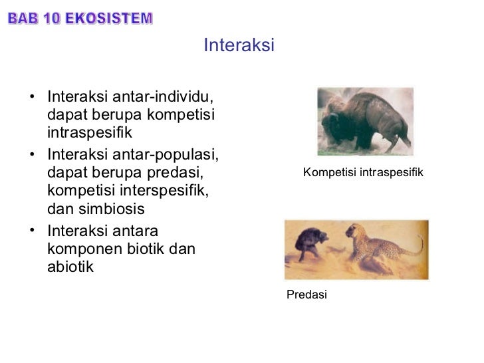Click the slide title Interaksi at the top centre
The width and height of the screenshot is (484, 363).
pos(239,45)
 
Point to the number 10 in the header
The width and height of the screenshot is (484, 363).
pos(50,19)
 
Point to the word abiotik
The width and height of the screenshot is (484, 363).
pos(70,267)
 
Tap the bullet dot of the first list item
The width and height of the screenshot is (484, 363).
pos(33,98)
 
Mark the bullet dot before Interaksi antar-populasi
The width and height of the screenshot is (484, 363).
pos(33,156)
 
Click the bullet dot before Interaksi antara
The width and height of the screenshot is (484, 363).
pos(33,232)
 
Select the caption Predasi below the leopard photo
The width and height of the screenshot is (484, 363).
pos(306,295)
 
